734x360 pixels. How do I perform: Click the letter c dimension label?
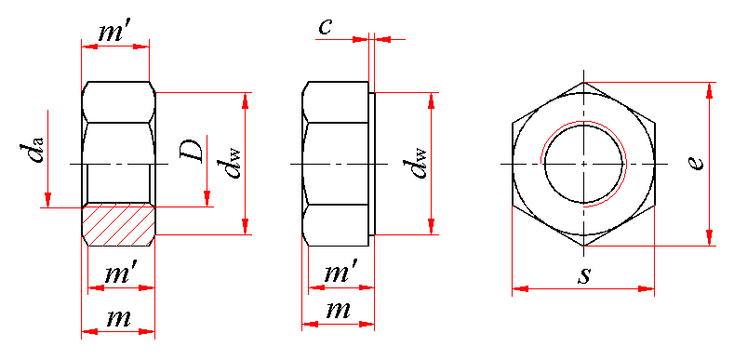[325, 27]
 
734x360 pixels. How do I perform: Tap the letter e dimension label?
[697, 163]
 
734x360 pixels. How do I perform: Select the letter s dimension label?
[583, 275]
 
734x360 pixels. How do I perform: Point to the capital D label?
[193, 150]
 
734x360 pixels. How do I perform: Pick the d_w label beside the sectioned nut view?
[233, 163]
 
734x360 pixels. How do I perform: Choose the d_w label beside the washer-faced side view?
[418, 163]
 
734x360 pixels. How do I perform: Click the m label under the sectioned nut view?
[118, 318]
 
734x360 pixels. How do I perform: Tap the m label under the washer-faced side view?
[338, 311]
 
